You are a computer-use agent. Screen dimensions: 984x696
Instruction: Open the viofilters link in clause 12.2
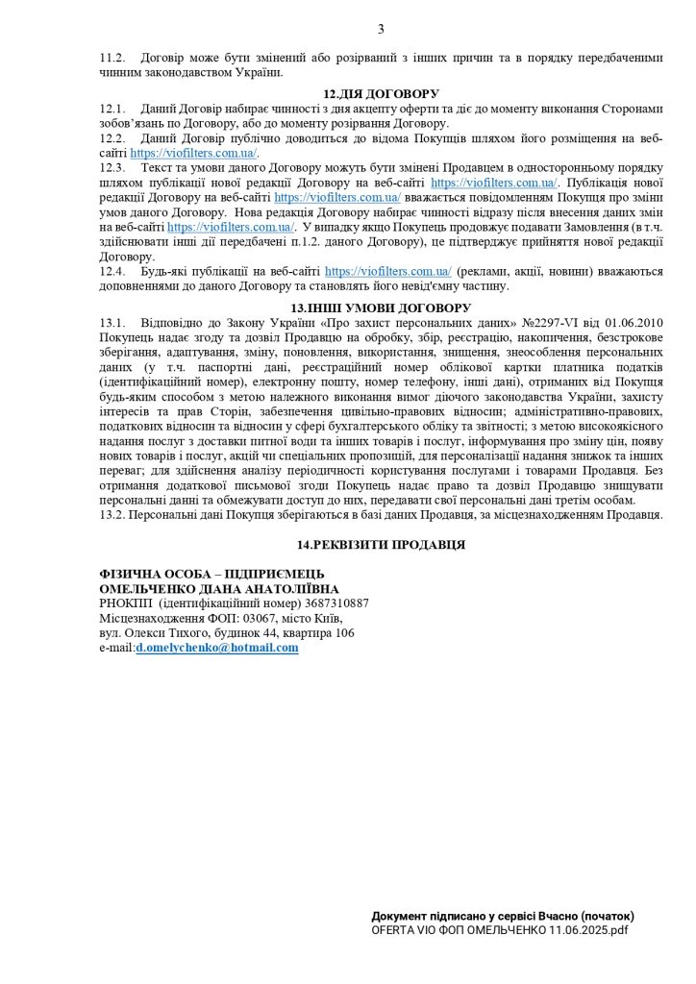coord(193,153)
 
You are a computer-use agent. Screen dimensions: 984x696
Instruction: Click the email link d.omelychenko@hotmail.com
coord(217,649)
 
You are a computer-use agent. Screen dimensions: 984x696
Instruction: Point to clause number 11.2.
coord(113,58)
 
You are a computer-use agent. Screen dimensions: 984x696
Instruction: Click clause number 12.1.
coord(113,109)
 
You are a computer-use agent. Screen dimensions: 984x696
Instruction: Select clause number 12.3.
coord(113,168)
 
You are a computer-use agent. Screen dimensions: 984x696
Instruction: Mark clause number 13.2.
coord(113,515)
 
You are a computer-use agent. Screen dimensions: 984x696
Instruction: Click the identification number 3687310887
coord(336,603)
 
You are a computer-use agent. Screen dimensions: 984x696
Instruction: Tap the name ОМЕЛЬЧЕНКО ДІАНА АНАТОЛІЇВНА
coord(219,588)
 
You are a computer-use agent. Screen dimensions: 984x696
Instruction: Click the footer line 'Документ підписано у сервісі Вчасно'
coord(503,917)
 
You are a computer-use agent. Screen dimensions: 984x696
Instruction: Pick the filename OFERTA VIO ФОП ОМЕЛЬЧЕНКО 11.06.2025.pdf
coord(500,930)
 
